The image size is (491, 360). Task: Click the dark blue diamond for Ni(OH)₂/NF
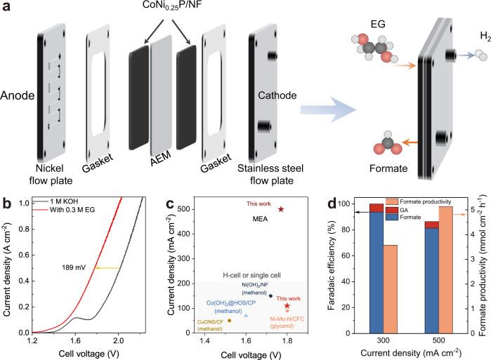tap(271, 296)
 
